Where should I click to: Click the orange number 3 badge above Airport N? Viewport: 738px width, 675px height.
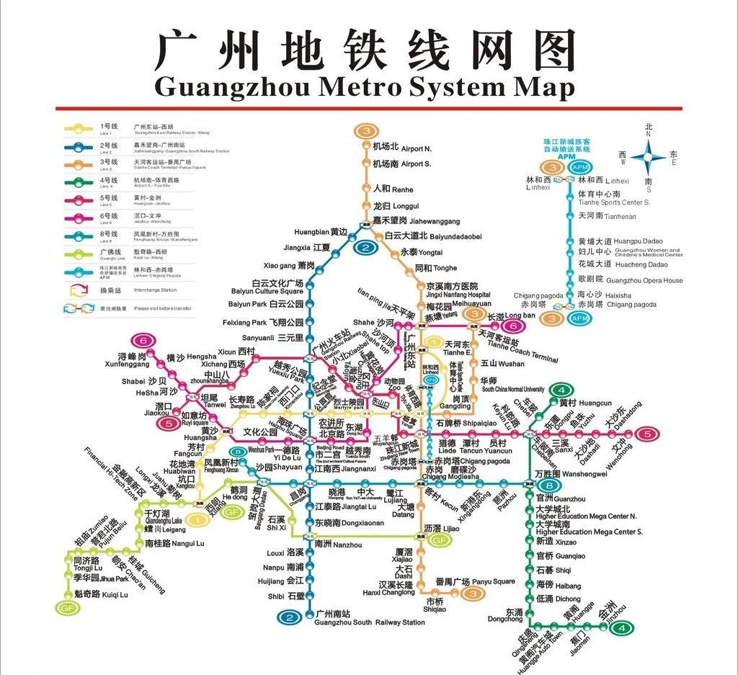click(x=366, y=131)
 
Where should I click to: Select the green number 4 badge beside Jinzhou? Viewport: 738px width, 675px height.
click(x=621, y=627)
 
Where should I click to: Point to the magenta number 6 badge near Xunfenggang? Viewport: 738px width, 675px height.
click(x=144, y=341)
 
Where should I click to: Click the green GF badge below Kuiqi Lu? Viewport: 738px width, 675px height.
click(x=66, y=607)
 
